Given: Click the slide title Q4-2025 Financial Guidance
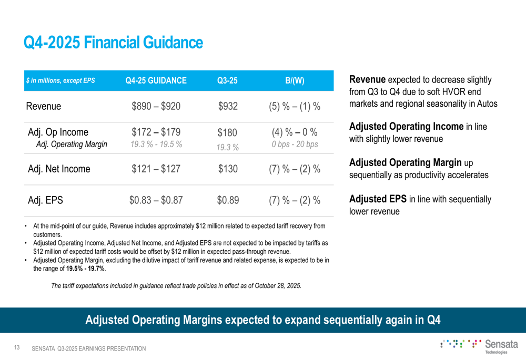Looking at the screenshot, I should [x=113, y=43].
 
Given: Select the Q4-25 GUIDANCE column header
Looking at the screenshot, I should [x=156, y=80].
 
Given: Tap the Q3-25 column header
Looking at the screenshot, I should [x=227, y=80].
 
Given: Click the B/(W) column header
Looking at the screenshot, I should [x=295, y=80].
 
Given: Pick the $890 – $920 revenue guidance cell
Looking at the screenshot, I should [x=156, y=106].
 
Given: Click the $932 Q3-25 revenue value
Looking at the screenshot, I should [x=228, y=106].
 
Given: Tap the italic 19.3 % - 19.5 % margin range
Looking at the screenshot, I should [x=156, y=143].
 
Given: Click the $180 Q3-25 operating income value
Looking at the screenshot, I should [x=228, y=132].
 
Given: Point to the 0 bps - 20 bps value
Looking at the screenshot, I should [x=295, y=144].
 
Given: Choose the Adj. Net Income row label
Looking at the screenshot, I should [x=58, y=169].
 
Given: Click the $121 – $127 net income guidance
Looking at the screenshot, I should [x=156, y=169].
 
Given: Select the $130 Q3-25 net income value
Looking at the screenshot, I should [x=228, y=169].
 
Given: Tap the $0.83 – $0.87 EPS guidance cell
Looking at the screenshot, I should [x=156, y=200].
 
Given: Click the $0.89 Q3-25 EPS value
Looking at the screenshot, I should [x=228, y=200].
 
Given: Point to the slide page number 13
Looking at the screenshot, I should [x=17, y=348].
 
